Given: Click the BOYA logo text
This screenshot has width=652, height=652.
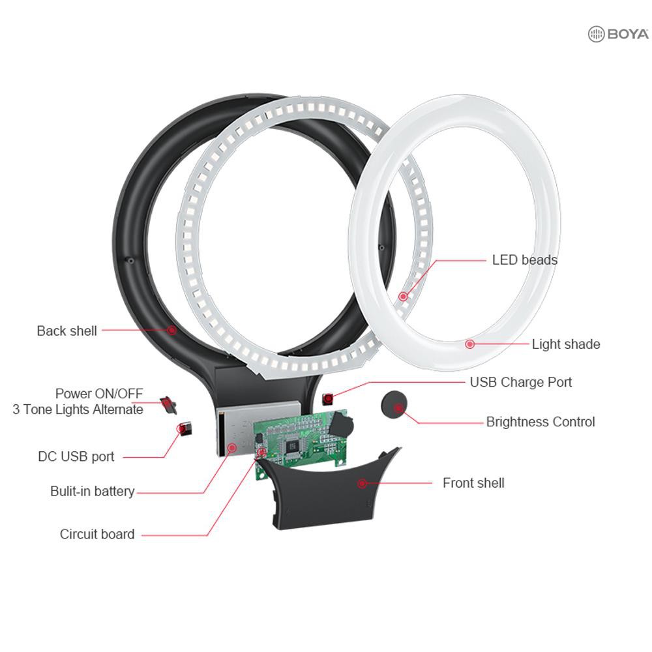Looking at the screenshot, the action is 628,34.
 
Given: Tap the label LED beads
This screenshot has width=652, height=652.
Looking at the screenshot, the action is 524,260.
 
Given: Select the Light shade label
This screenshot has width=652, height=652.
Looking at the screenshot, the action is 566,344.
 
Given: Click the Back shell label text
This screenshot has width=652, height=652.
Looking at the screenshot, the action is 67,331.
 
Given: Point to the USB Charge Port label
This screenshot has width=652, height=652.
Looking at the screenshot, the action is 521,382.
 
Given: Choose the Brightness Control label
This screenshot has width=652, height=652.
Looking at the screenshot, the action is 541,422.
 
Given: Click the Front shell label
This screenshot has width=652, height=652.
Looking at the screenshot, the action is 473,482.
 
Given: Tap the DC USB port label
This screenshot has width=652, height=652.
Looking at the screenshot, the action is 76,456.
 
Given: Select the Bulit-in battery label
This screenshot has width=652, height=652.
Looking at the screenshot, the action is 93,491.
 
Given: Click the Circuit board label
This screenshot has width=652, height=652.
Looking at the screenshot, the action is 97,534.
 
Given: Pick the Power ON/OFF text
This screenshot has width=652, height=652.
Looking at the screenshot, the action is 99,393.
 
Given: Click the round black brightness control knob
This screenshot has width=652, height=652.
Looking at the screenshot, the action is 394,405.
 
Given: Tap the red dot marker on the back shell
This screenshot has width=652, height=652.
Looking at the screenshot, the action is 171,330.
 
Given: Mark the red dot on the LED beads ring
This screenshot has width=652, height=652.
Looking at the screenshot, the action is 403,297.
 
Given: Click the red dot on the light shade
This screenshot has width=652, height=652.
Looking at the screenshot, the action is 470,344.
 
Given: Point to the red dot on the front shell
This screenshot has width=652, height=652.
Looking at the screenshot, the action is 362,483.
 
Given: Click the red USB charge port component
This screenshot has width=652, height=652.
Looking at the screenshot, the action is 328,399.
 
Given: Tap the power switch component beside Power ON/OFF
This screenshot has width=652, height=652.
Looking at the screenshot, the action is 168,405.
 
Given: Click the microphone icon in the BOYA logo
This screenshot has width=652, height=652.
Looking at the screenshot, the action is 597,34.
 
